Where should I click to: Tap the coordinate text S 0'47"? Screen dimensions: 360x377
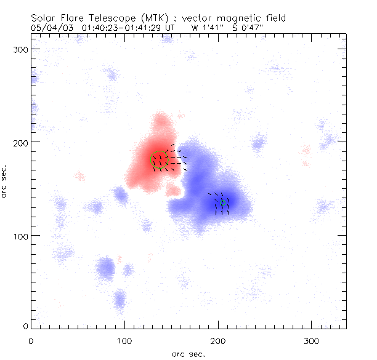[x=248, y=28]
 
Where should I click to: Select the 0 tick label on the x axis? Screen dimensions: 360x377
[x=31, y=340]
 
